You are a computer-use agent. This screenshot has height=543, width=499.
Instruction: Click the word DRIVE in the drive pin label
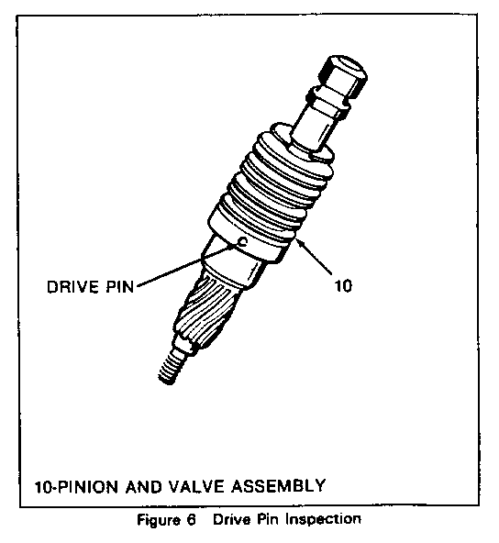[x=72, y=287]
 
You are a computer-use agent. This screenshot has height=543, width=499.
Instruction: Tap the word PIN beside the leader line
[x=118, y=287]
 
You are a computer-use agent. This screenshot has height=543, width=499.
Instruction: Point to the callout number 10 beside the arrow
[x=343, y=286]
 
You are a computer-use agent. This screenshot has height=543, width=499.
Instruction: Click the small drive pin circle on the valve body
[x=242, y=242]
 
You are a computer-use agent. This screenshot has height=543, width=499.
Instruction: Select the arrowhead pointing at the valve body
[x=301, y=243]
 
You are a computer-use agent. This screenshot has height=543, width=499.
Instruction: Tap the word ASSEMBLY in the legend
[x=278, y=485]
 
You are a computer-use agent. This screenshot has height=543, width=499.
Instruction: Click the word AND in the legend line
[x=143, y=486]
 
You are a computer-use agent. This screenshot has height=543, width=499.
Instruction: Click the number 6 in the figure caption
[x=192, y=520]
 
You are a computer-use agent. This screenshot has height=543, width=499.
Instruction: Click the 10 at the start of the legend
[x=44, y=487]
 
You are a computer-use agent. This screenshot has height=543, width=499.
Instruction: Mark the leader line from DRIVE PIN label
[x=187, y=265]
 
